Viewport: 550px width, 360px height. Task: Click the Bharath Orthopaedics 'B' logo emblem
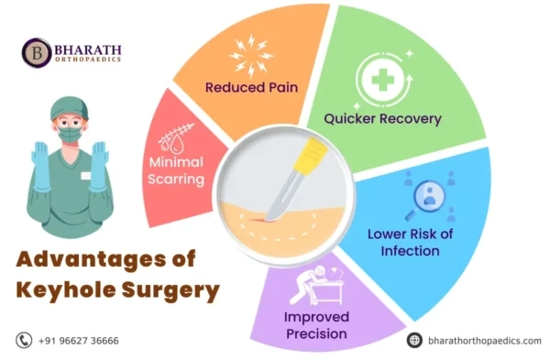coord(37,51)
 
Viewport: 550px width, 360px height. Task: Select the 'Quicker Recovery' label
coord(384,118)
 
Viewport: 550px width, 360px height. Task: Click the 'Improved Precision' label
coord(315,326)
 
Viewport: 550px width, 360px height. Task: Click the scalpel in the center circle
coord(295,180)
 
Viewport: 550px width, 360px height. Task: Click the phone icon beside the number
coord(24,341)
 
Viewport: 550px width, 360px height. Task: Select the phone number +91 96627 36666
coord(78,341)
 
